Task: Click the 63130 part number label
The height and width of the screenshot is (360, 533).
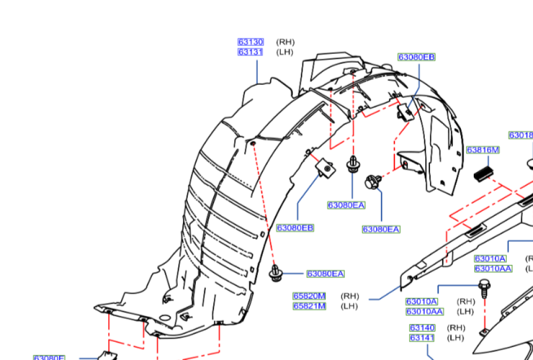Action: pos(250,42)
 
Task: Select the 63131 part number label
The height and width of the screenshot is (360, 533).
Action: pos(250,52)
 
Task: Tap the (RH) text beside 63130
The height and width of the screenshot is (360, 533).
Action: pos(285,42)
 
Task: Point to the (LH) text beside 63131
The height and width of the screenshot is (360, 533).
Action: pos(285,52)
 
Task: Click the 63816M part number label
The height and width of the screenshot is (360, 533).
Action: pos(483,150)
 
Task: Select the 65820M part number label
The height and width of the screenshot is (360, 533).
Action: pos(309,295)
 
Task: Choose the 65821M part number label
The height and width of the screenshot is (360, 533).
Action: pos(309,306)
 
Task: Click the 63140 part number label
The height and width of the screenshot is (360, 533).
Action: pos(422,327)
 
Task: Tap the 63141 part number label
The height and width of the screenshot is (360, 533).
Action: pos(422,338)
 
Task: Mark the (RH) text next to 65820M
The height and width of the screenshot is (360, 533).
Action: pos(350,295)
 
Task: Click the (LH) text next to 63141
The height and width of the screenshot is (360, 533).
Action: pos(455,338)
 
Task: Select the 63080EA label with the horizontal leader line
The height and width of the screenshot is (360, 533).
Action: pos(325,274)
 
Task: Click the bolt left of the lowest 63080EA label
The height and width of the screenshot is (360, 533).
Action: pos(276,272)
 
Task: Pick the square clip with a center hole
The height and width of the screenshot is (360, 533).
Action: pos(326,169)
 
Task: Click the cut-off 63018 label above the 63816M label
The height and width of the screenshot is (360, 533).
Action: pos(521,135)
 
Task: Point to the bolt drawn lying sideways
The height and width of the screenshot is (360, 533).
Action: pos(373,181)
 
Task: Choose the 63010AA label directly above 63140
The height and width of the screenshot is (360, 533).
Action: pos(424,311)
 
